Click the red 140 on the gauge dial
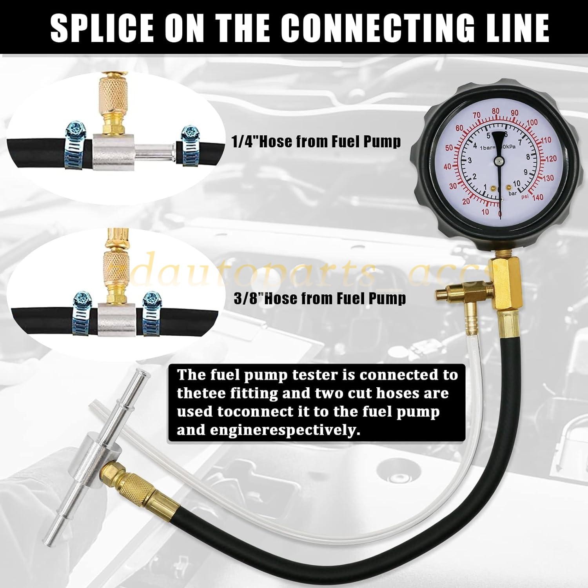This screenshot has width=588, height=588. pos(538,197)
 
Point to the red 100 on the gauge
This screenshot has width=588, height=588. pos(532,123)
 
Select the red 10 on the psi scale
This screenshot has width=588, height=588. pos(485,212)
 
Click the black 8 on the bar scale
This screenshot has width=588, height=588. pos(528,157)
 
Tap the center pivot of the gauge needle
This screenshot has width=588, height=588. pos(499,161)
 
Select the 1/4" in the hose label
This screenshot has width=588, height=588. pos(245,142)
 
